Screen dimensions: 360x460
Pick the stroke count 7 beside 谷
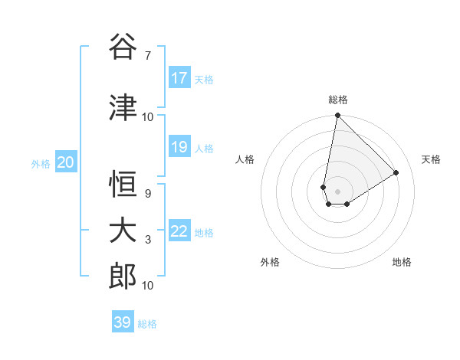tap(147, 55)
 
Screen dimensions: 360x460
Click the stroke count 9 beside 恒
tap(147, 194)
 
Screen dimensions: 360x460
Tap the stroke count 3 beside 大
tap(147, 240)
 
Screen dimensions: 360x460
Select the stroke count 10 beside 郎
tap(148, 286)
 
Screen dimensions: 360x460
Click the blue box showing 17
tap(179, 78)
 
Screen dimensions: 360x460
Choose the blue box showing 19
tap(179, 147)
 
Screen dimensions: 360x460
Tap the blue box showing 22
tap(179, 231)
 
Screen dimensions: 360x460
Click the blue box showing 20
tap(65, 162)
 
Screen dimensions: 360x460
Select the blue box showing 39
tap(122, 322)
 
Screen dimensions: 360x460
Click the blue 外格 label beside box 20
tap(41, 163)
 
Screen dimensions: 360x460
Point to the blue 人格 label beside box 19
tap(204, 148)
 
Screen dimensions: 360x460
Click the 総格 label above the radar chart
tap(337, 100)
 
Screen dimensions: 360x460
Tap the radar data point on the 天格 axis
tap(396, 173)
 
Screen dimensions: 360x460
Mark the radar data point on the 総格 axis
tap(337, 116)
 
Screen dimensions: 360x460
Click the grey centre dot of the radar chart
tap(337, 191)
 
